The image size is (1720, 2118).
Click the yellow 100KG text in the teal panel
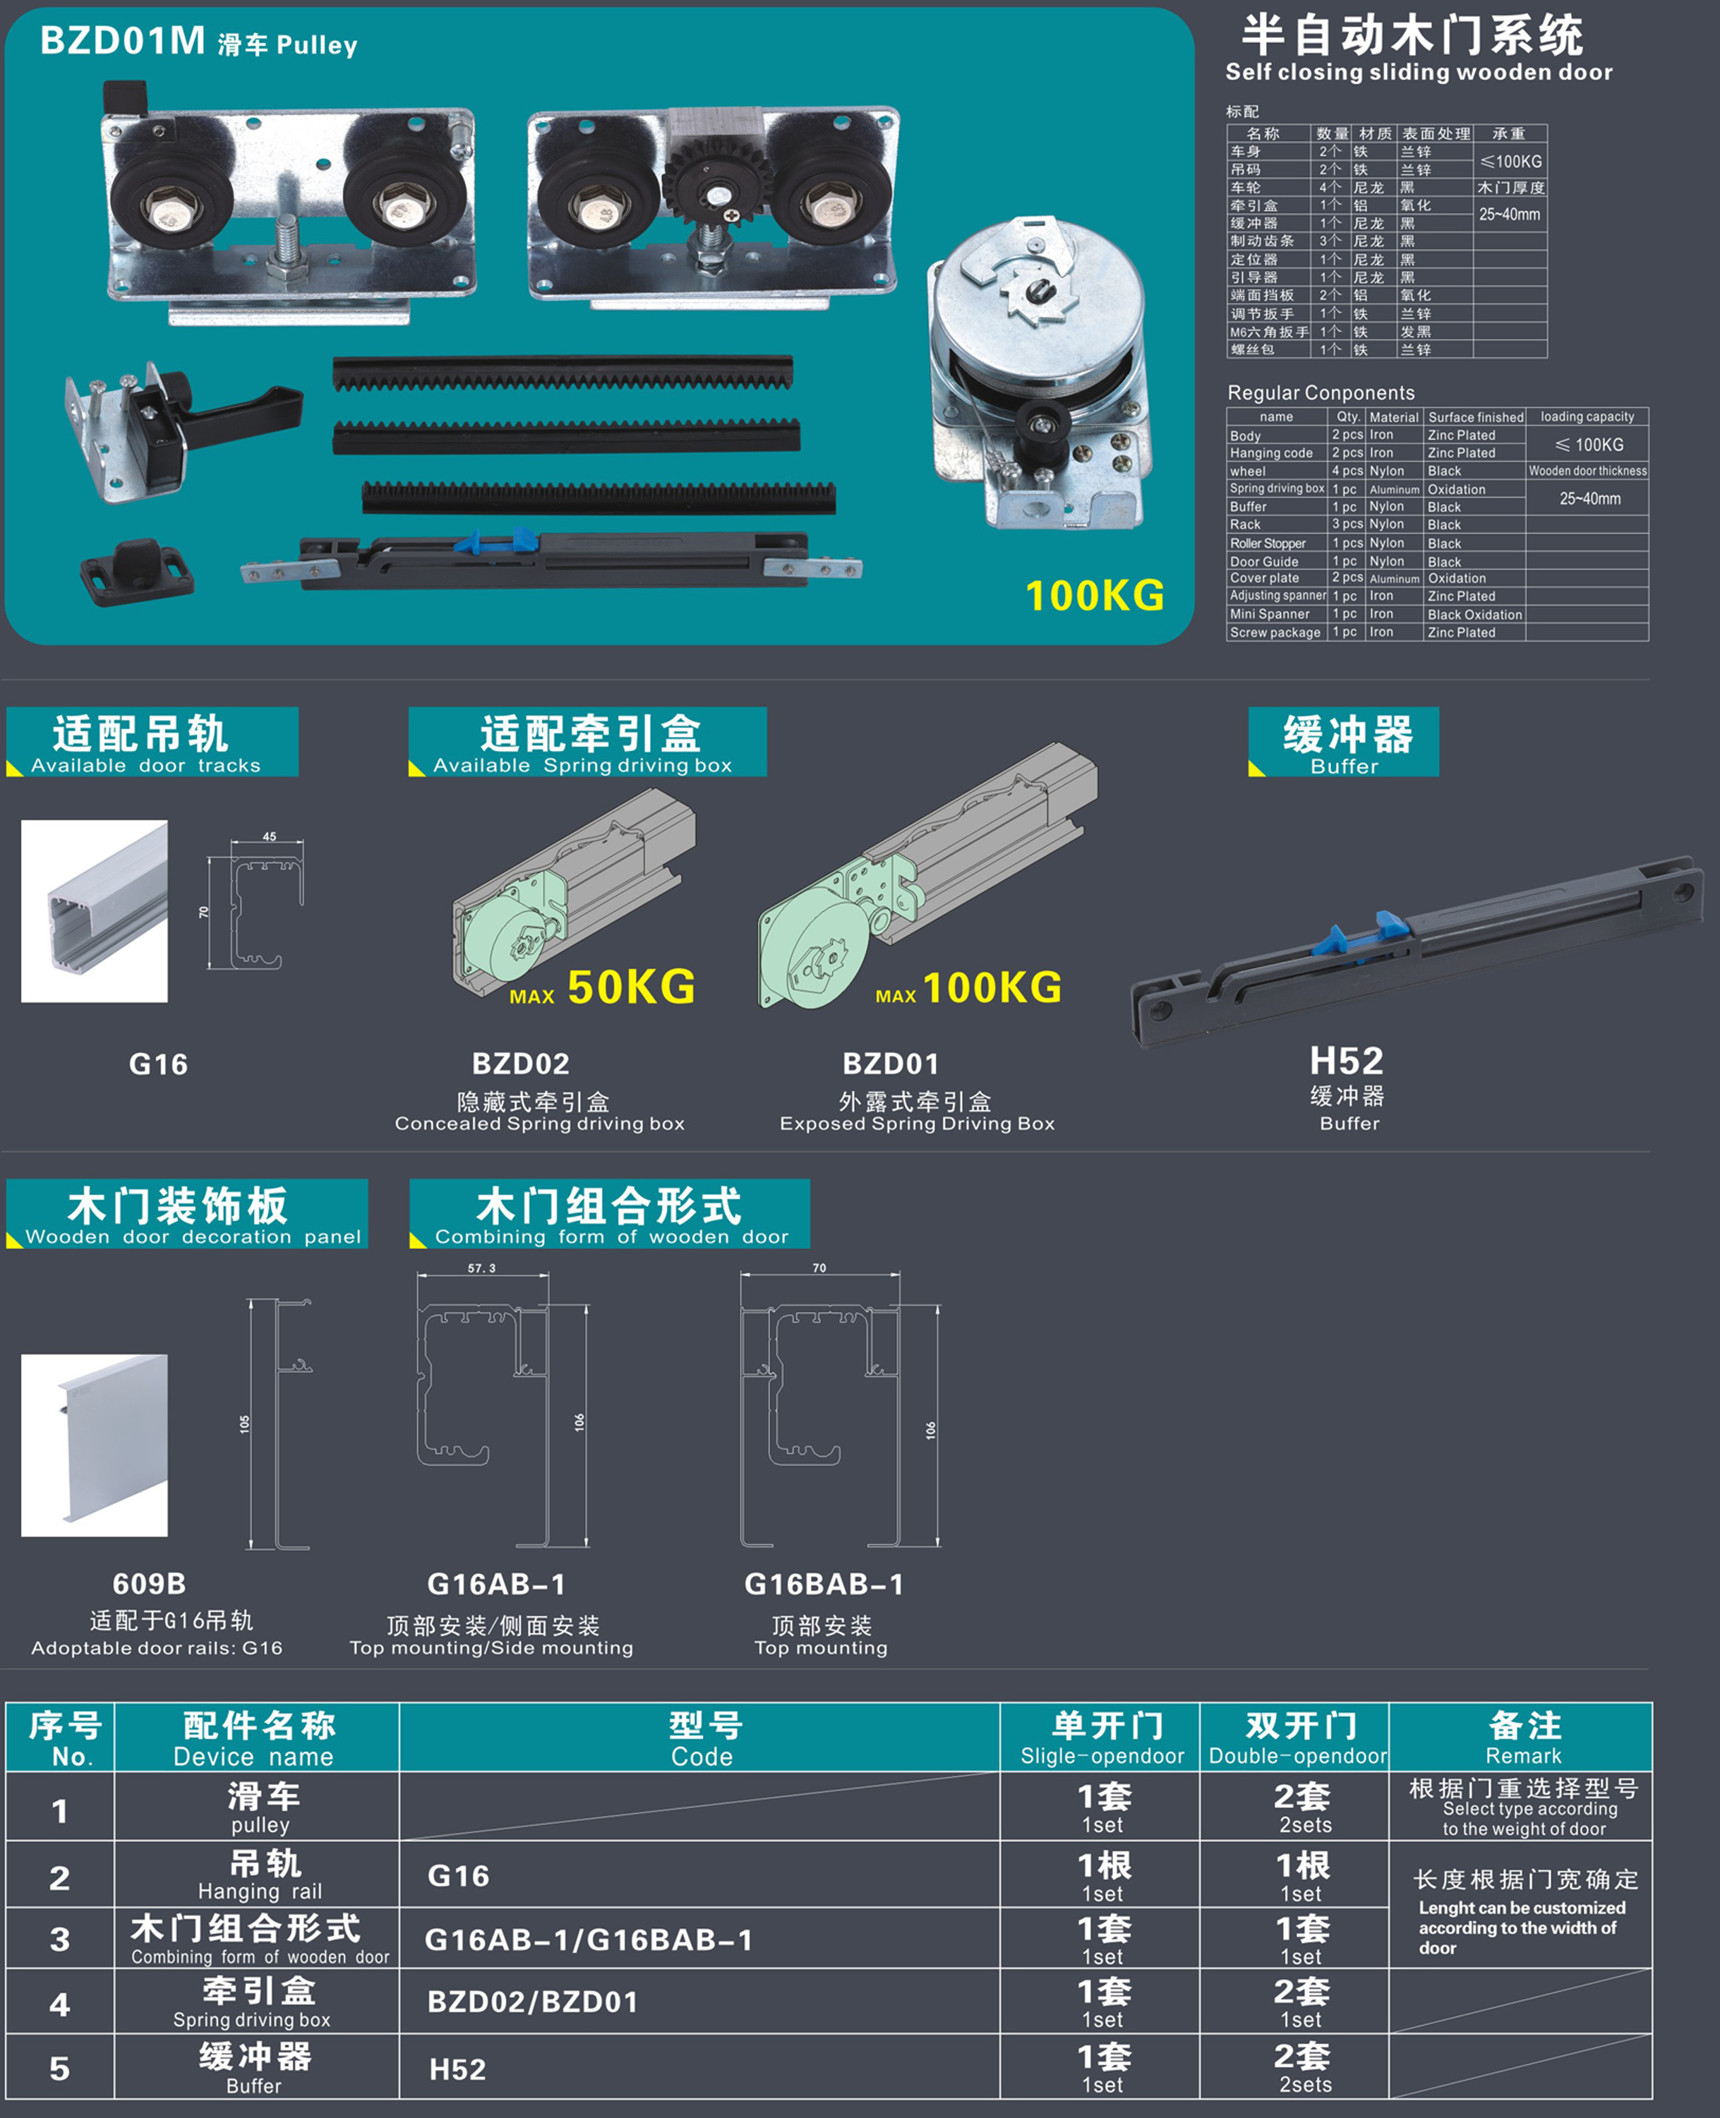coord(1094,596)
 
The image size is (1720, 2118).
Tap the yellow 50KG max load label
coord(631,987)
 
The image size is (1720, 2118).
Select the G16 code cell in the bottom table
coord(458,1875)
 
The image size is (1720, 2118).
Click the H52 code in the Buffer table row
coord(458,2069)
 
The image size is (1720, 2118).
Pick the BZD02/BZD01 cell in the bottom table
coord(532,2002)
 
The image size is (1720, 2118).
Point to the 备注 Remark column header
coord(1524,1738)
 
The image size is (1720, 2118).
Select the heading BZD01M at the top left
coord(122,41)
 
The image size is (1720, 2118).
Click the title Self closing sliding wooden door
coord(1419,72)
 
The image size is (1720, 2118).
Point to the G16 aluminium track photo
coord(94,910)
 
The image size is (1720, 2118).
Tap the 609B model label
coord(149,1583)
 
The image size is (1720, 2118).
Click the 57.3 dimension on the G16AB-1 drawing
coord(481,1268)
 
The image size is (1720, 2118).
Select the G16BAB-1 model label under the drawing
coord(824,1584)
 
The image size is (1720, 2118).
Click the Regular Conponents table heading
coord(1321,392)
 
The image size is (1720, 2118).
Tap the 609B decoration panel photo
coord(94,1445)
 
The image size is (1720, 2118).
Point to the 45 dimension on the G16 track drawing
coord(270,836)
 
